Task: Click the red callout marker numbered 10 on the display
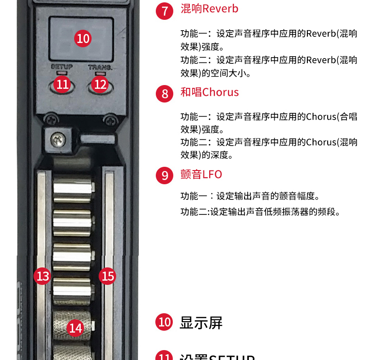[83, 38]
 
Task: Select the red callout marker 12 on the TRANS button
[100, 85]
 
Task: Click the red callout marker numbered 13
[43, 276]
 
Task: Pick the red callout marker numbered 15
[108, 276]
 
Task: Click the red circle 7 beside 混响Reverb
[164, 10]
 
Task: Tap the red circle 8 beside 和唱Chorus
[164, 94]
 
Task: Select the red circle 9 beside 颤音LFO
[164, 176]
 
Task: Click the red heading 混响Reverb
[209, 9]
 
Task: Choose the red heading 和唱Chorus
[209, 92]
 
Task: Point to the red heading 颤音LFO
[201, 174]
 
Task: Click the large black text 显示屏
[201, 323]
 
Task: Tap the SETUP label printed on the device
[61, 67]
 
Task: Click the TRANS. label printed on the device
[100, 67]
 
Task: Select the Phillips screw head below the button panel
[59, 139]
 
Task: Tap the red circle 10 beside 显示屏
[164, 323]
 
